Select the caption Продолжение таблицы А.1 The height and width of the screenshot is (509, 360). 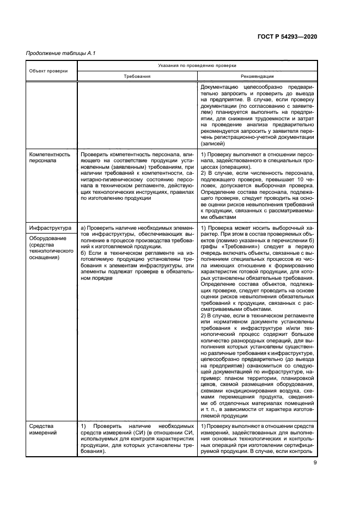[x=53, y=53]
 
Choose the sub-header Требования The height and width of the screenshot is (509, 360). [x=137, y=77]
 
